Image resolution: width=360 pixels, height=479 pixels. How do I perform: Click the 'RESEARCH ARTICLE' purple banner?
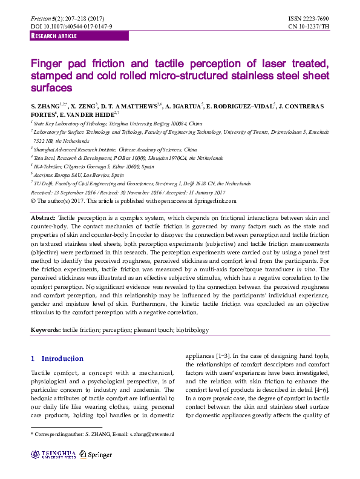point(54,36)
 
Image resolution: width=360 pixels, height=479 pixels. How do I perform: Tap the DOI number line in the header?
point(71,27)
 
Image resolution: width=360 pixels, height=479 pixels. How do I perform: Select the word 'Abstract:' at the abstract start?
point(44,217)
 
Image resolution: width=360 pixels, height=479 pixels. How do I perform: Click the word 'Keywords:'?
point(46,330)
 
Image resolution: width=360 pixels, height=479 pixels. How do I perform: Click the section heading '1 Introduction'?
point(57,358)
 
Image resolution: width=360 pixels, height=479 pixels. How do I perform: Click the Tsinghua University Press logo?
point(54,454)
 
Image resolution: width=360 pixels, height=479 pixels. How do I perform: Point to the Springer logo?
point(96,454)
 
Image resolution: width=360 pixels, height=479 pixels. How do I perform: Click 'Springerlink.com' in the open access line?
point(211,200)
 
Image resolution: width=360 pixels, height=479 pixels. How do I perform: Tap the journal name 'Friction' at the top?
point(42,19)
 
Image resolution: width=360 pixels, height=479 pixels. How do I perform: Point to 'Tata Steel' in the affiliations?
point(48,157)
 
